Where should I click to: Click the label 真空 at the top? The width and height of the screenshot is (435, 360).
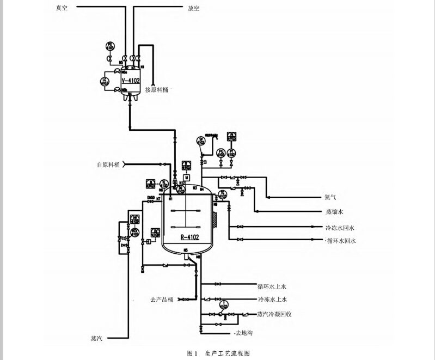point(62,8)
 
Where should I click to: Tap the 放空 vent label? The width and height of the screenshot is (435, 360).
point(193,8)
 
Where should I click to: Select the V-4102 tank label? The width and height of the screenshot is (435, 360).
point(131,81)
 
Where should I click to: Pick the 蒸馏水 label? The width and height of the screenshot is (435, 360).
point(334,211)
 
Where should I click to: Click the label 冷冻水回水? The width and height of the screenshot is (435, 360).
point(340,228)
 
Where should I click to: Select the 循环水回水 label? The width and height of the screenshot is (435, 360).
point(341,240)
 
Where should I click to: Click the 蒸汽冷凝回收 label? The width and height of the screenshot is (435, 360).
point(274,314)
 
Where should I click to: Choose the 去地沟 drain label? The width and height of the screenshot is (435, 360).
point(244,332)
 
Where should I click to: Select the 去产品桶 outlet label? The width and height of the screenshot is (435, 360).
point(162,299)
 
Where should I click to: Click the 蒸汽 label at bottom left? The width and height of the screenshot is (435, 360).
point(97,338)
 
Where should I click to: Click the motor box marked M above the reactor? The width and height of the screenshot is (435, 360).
point(186,177)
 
